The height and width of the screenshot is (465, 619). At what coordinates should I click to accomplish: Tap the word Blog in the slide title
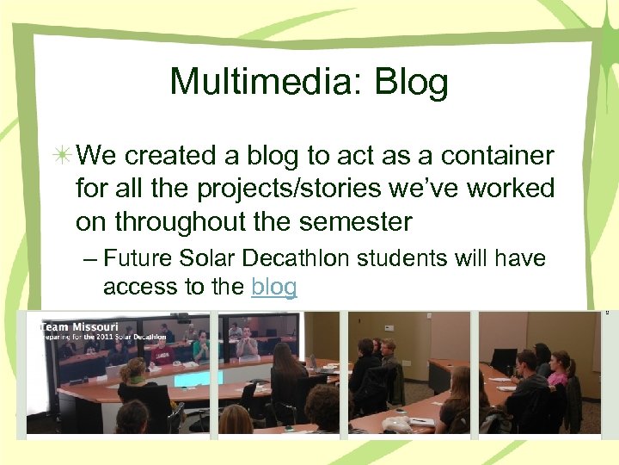click(x=412, y=83)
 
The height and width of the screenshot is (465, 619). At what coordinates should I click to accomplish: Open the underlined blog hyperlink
click(x=274, y=287)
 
